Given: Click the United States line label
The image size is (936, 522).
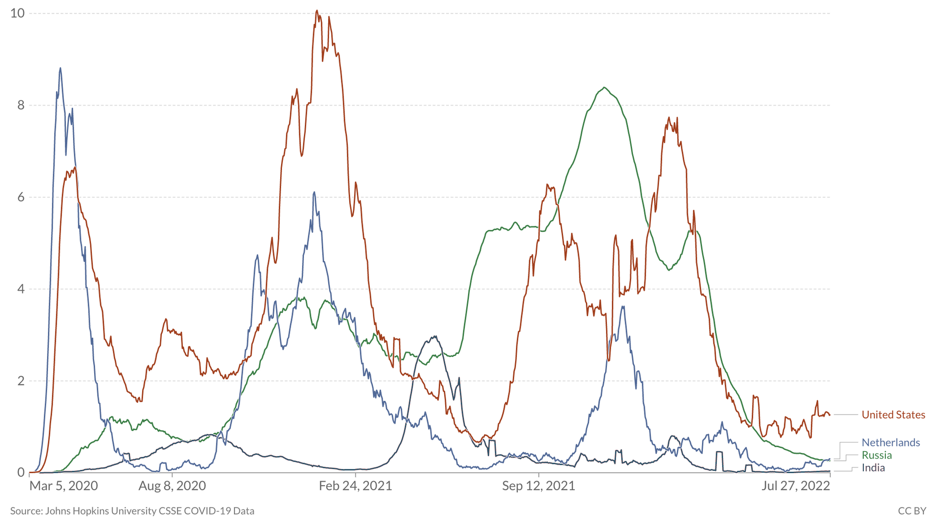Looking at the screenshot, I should pos(893,415).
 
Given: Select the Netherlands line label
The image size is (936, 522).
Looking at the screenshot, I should pos(891,442).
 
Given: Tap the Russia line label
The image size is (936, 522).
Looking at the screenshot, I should pos(877,455).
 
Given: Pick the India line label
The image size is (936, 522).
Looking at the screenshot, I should pos(873,468).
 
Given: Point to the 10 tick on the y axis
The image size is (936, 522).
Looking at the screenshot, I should pos(17,13).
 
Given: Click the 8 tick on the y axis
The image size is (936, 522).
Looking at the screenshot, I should pos(21,105).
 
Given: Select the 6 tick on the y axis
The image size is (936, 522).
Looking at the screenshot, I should pos(21,197).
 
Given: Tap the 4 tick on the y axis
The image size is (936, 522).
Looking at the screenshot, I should pos(21,289).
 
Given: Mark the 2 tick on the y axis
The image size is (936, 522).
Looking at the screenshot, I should pos(21,381).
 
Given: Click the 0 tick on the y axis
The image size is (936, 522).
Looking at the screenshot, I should pos(21,473).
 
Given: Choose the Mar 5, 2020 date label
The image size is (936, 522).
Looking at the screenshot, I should pos(64,485).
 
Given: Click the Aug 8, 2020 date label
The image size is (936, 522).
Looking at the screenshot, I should pos(172,485).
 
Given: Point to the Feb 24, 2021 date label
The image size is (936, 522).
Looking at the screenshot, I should pos(355,485).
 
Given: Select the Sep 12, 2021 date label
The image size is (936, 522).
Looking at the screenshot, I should pos(538,485).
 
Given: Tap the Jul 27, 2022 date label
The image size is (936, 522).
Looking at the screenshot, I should pos(795,485).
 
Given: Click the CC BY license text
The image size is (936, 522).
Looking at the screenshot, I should pos(912,511).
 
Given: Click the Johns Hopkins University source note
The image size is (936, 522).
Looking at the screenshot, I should pos(132,511).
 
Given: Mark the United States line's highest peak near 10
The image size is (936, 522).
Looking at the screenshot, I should pos(317,11).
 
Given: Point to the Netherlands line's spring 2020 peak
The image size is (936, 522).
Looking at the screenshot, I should pos(60,68).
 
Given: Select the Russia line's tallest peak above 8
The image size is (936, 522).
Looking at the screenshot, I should pos(605,87).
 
